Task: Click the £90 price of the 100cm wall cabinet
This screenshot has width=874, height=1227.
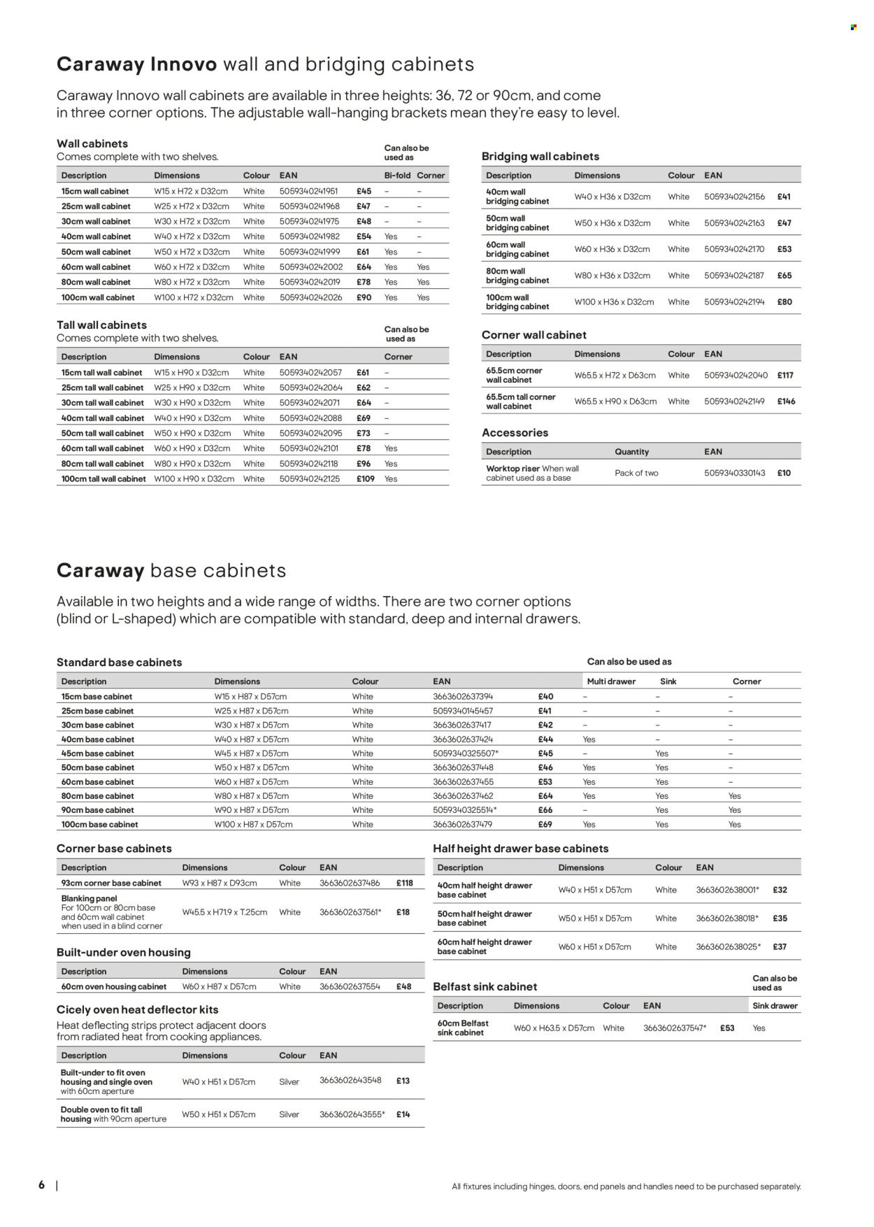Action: tap(364, 297)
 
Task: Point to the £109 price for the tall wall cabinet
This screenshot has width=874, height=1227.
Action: tap(365, 479)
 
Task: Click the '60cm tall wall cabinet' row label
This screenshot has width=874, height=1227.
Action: tap(102, 448)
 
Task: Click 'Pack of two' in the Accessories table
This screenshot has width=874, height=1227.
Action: tap(636, 473)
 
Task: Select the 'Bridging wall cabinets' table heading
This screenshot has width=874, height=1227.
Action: tap(540, 157)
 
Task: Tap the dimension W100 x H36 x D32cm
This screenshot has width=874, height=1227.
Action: tap(614, 302)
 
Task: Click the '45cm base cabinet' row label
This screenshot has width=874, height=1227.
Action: tap(97, 753)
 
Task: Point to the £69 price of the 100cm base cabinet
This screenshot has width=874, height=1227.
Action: tap(545, 825)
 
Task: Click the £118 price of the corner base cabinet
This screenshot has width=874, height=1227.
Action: tap(403, 884)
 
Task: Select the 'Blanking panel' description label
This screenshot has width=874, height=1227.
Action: tap(89, 898)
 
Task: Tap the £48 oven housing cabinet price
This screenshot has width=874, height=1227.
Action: tap(403, 987)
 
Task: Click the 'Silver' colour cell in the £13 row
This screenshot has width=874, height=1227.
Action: tap(289, 1082)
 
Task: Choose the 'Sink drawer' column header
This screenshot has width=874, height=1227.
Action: tap(775, 1006)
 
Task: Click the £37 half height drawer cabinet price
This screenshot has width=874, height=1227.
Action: tap(780, 947)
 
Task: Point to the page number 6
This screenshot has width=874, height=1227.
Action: tap(42, 1185)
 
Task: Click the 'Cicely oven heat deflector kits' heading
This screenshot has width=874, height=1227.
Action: tap(138, 1010)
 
